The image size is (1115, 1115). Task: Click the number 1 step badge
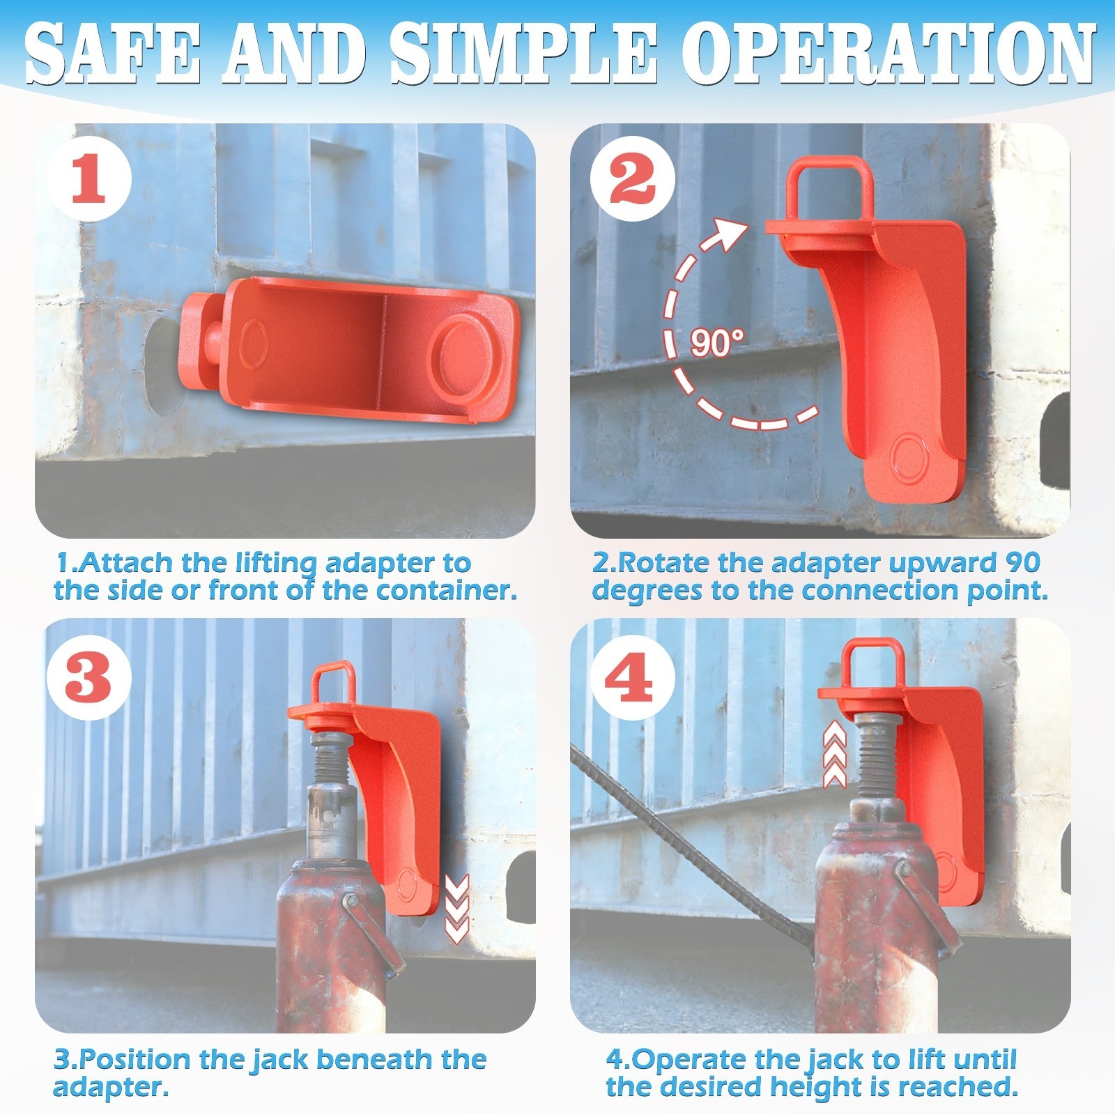coord(89,179)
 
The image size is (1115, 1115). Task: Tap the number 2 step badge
coord(632,179)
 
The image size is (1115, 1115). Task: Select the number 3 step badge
coord(89,677)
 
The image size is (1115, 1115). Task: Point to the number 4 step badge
coord(632,677)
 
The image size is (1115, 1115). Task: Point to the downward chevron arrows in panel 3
coord(456,909)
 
